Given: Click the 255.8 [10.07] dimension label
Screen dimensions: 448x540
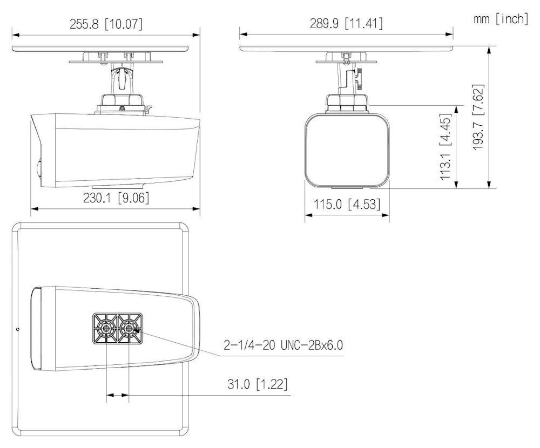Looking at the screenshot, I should [x=106, y=24].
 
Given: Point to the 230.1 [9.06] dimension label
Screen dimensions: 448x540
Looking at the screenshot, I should [x=116, y=198].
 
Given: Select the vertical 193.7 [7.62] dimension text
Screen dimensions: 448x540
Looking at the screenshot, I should [x=478, y=117].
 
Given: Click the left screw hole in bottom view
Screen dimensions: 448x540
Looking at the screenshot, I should [x=106, y=328].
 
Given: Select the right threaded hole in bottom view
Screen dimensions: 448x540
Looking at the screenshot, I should [x=129, y=328].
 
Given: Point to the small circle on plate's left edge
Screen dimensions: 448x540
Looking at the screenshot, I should [x=18, y=329].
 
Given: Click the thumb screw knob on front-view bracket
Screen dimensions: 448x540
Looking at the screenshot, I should [x=358, y=76].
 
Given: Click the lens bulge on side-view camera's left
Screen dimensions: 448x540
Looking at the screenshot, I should [x=37, y=169].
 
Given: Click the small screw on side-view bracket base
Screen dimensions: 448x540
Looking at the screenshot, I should [x=122, y=108].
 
